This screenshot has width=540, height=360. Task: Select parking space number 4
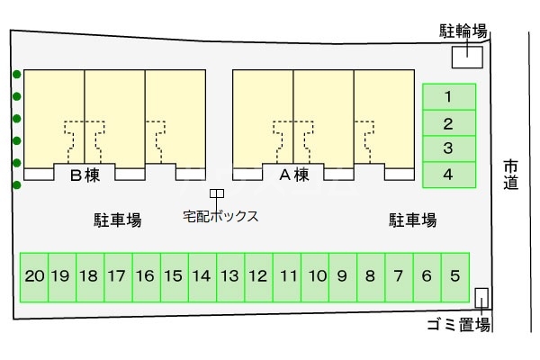(447, 174)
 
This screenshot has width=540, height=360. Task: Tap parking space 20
(34, 276)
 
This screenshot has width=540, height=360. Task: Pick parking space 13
(229, 276)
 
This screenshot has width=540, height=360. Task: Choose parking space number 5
(454, 276)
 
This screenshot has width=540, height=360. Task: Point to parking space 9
(342, 276)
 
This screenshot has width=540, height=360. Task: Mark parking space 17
(117, 276)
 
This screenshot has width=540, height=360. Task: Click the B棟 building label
(84, 175)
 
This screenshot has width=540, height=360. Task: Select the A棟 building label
(293, 175)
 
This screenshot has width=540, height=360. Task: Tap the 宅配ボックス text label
(220, 216)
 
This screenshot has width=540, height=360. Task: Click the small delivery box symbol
(216, 193)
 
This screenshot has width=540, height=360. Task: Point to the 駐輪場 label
(463, 31)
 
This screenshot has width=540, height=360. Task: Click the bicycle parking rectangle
(466, 57)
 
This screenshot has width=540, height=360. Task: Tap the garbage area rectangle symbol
(481, 299)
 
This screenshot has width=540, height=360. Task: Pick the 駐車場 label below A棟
(412, 220)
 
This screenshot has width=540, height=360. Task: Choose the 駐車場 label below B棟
(118, 220)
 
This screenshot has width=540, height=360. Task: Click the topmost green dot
(16, 75)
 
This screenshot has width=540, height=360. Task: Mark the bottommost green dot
(16, 185)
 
